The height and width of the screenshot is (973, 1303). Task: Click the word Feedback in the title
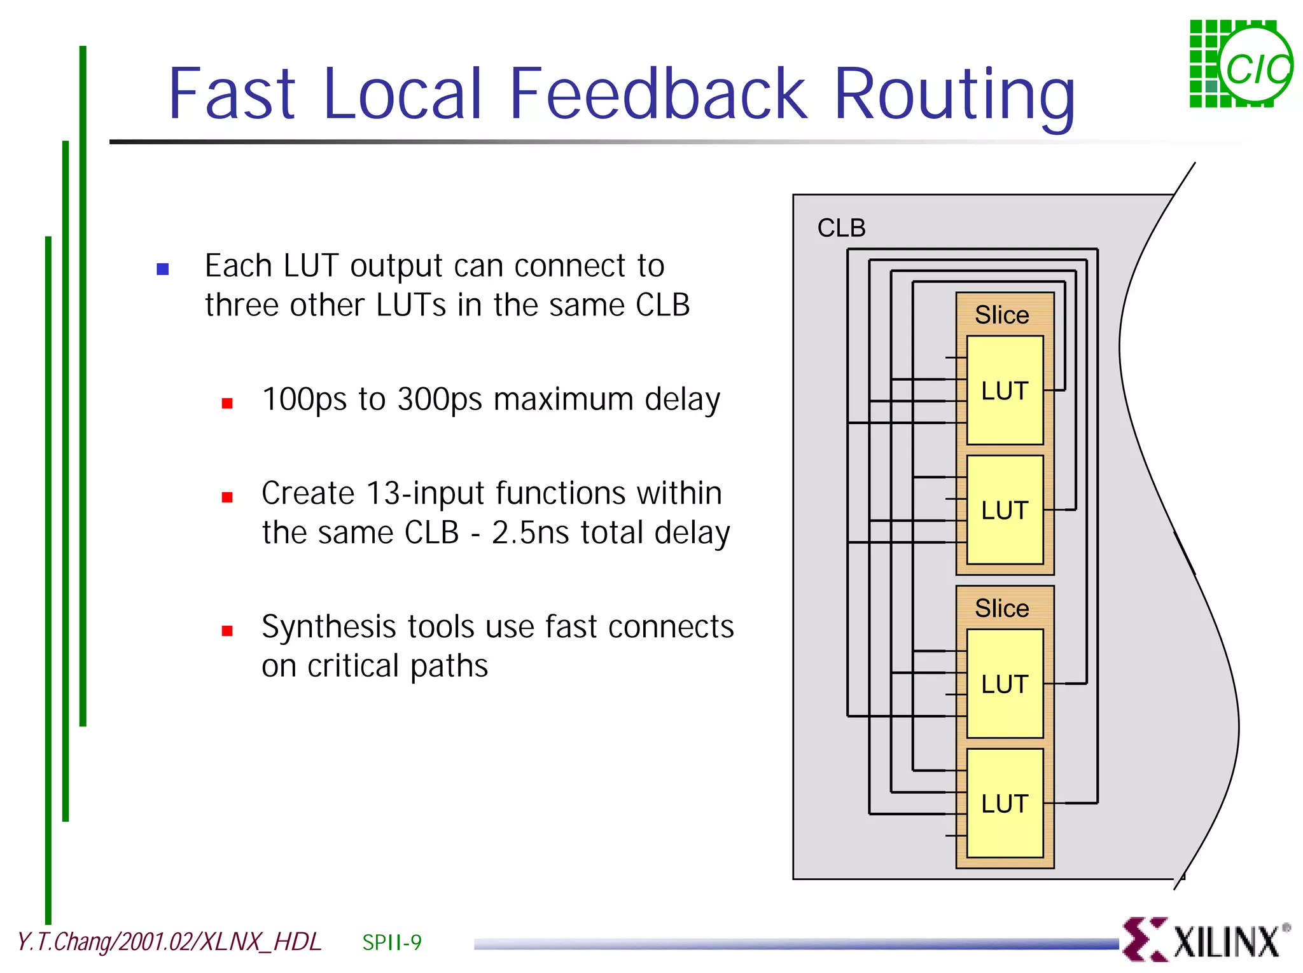pos(658,94)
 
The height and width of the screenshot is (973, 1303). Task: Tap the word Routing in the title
pos(954,95)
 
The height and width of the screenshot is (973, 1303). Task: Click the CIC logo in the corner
pos(1240,64)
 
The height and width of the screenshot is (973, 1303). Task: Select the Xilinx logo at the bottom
pos(1206,939)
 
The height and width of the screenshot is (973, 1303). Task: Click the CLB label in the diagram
pos(841,228)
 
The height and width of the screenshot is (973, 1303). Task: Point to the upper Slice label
pos(1002,315)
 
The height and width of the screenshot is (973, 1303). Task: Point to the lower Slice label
pos(1002,609)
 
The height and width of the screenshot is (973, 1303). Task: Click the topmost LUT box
pos(1005,390)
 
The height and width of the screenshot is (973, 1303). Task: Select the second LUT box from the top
pos(1005,510)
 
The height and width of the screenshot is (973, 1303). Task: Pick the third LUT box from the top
pos(1005,684)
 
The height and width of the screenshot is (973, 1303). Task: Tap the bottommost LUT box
pos(1005,804)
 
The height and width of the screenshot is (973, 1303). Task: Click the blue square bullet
pos(163,269)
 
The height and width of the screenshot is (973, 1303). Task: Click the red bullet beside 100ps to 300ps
pos(227,403)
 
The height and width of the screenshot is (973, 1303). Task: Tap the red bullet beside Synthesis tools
pos(227,630)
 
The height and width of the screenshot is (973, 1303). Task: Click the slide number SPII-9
pos(392,942)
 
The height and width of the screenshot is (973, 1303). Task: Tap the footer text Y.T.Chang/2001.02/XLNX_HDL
pos(169,942)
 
